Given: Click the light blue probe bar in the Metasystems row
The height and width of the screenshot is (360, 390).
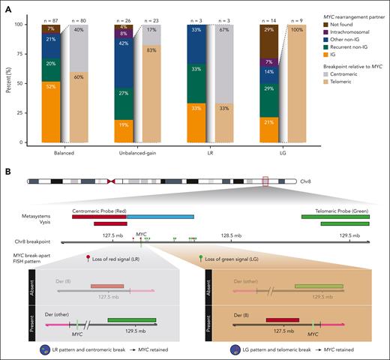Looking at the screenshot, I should click(x=160, y=216).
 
